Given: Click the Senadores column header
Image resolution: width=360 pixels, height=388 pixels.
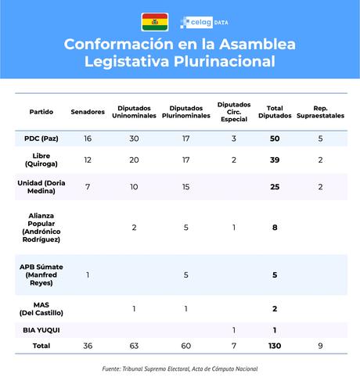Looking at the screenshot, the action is coord(88,112).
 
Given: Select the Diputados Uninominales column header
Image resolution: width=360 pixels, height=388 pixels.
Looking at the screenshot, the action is coord(134,112).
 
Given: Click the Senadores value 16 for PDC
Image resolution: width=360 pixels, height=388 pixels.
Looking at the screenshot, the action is coord(88,138).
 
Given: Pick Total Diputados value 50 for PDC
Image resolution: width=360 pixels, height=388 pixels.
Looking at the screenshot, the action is coord(275,138).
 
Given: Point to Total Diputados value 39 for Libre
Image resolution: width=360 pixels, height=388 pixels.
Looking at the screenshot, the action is coord(275,160).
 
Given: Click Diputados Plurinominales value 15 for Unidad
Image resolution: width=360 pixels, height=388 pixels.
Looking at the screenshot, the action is coord(185,187).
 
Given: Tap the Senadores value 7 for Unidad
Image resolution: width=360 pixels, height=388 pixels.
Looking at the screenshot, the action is coord(88,187).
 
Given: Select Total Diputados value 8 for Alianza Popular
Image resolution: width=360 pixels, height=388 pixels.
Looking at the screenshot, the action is coord(275,228).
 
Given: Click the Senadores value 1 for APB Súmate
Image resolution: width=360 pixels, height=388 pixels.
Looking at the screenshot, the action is coord(88,274).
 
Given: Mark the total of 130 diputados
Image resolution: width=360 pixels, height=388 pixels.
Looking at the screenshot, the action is coord(275,345).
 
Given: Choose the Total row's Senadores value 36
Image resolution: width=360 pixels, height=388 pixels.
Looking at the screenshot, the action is coord(88,345).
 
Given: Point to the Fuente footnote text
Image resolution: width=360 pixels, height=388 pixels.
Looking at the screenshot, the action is coord(180,368).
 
